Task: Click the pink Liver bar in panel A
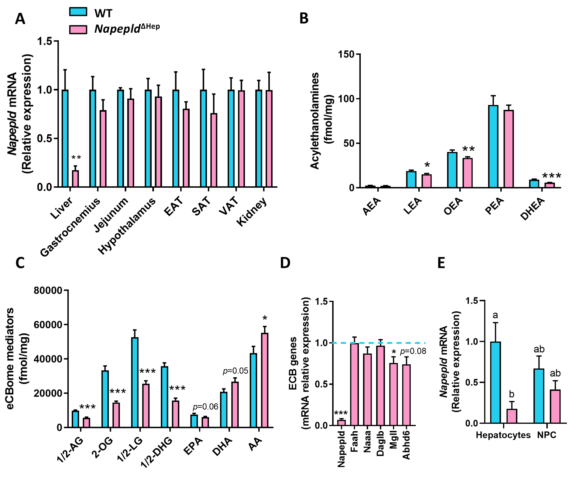[x=75, y=179]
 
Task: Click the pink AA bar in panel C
[x=265, y=380]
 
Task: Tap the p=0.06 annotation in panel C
[x=205, y=407]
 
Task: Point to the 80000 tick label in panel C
[x=48, y=290]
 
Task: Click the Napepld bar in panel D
[x=342, y=423]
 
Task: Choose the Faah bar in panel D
[x=355, y=384]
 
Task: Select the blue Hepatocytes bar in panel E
[x=495, y=383]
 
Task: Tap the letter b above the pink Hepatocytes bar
[x=512, y=394]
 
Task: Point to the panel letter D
[x=285, y=263]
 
